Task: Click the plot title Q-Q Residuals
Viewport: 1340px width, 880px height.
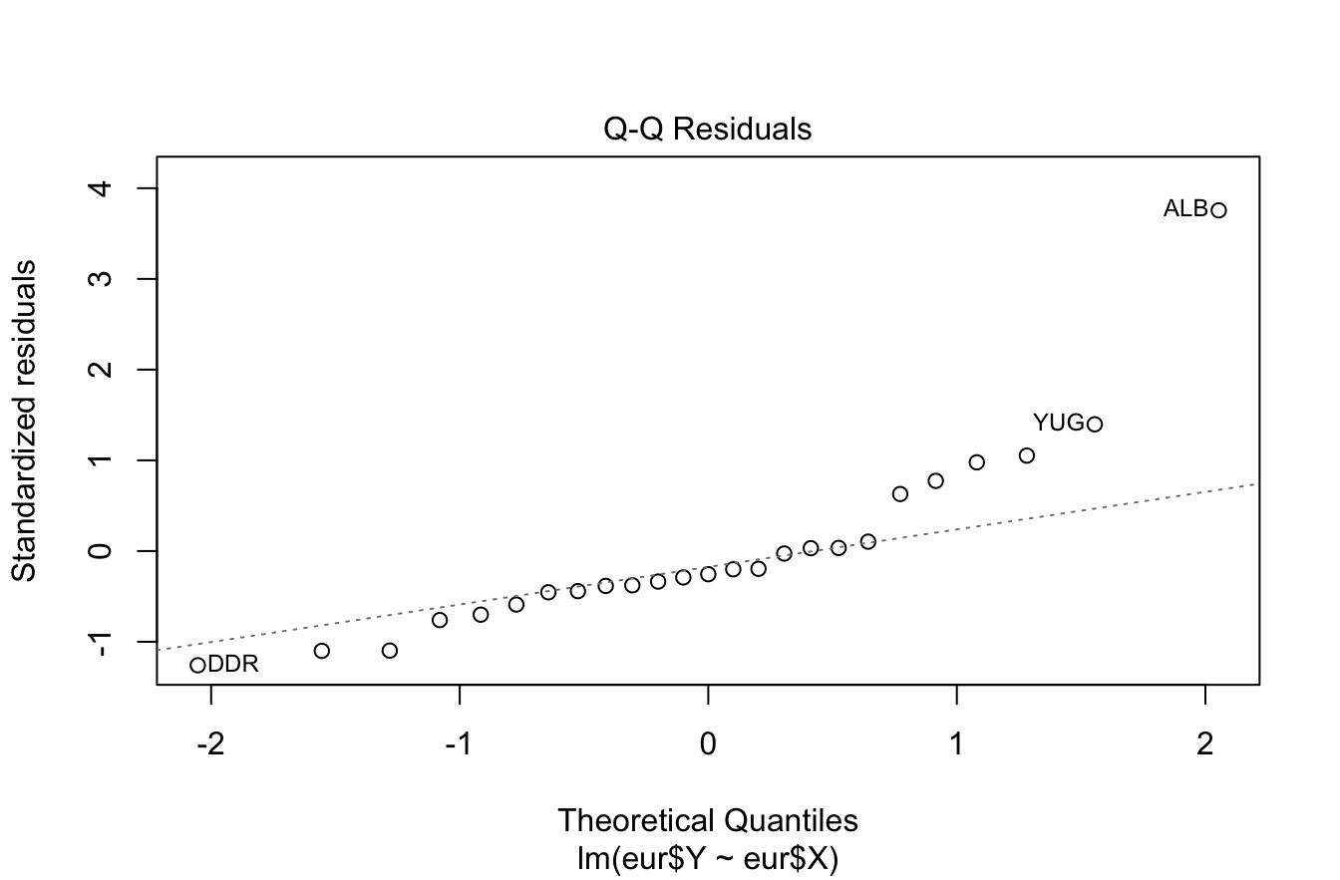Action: coord(708,130)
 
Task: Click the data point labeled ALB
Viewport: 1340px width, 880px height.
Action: coord(1218,210)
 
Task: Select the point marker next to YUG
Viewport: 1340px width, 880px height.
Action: coord(1095,425)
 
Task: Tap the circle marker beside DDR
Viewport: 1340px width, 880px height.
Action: coord(197,665)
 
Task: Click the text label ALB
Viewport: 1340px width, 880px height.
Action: coord(1185,210)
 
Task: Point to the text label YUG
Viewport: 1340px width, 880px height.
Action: coord(1058,424)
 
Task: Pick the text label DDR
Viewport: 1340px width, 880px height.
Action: coord(233,665)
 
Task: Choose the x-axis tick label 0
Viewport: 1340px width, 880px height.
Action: coord(708,744)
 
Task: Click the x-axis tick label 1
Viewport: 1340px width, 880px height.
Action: coord(957,744)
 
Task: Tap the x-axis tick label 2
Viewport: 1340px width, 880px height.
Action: coord(1205,744)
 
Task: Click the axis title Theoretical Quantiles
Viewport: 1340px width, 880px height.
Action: coord(708,821)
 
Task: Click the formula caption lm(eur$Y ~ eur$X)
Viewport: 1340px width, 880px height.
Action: coord(708,854)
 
